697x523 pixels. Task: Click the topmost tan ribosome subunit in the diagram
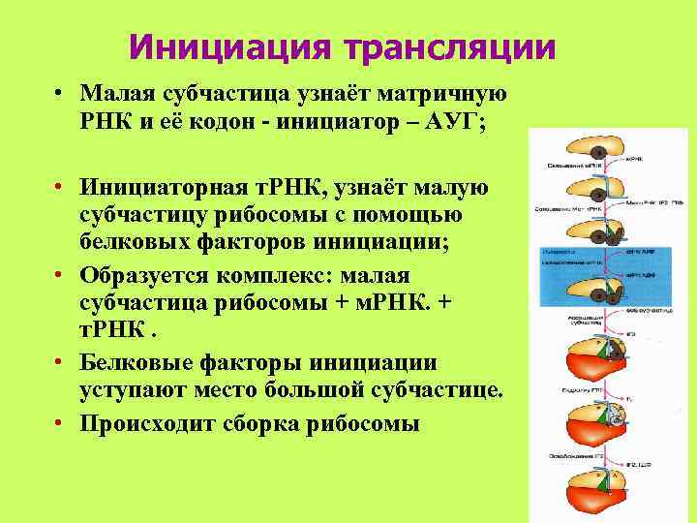click(x=593, y=145)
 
